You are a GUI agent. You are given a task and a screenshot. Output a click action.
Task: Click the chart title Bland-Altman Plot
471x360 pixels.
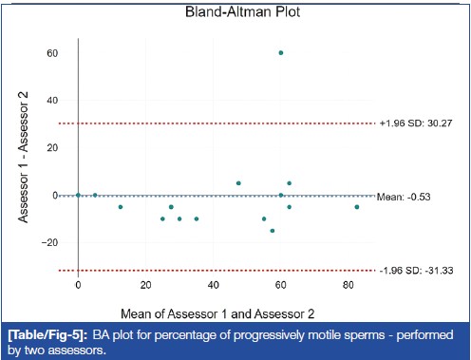click(x=242, y=11)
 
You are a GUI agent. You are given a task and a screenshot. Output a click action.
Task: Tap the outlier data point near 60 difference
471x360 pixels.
click(x=281, y=53)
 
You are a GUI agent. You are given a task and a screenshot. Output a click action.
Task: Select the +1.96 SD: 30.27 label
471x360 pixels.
click(x=416, y=123)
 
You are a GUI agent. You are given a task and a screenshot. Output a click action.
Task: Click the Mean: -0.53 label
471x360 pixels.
click(x=404, y=197)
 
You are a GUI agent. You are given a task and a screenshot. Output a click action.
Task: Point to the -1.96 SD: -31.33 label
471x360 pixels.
click(x=417, y=271)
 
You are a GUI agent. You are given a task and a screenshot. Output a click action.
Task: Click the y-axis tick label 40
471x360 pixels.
click(x=52, y=101)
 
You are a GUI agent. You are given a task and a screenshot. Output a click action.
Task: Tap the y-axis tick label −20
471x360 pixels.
click(x=50, y=242)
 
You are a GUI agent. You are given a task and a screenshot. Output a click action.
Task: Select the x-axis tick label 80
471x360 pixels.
click(x=349, y=285)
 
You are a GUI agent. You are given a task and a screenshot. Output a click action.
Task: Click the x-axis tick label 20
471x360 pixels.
click(x=145, y=285)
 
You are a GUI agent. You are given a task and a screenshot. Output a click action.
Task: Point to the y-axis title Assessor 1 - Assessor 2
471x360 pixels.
click(x=23, y=158)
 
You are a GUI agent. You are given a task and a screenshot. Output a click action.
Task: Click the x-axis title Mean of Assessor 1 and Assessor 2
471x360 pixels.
click(x=217, y=313)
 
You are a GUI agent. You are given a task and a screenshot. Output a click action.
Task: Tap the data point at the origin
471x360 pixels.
click(x=78, y=195)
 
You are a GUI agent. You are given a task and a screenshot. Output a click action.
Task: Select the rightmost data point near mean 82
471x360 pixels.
click(x=357, y=207)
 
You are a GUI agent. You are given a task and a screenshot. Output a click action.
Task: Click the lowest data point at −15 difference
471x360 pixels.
click(x=273, y=231)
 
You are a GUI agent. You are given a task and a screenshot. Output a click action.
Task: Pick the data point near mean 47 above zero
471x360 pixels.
click(x=238, y=183)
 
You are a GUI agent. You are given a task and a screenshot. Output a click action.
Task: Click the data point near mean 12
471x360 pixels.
click(x=121, y=207)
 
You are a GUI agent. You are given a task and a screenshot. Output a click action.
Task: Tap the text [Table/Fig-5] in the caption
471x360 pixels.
click(x=47, y=335)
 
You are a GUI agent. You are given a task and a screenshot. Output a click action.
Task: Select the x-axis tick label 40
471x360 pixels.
click(x=214, y=285)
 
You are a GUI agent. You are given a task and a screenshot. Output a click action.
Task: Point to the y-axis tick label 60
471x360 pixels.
click(x=52, y=53)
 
